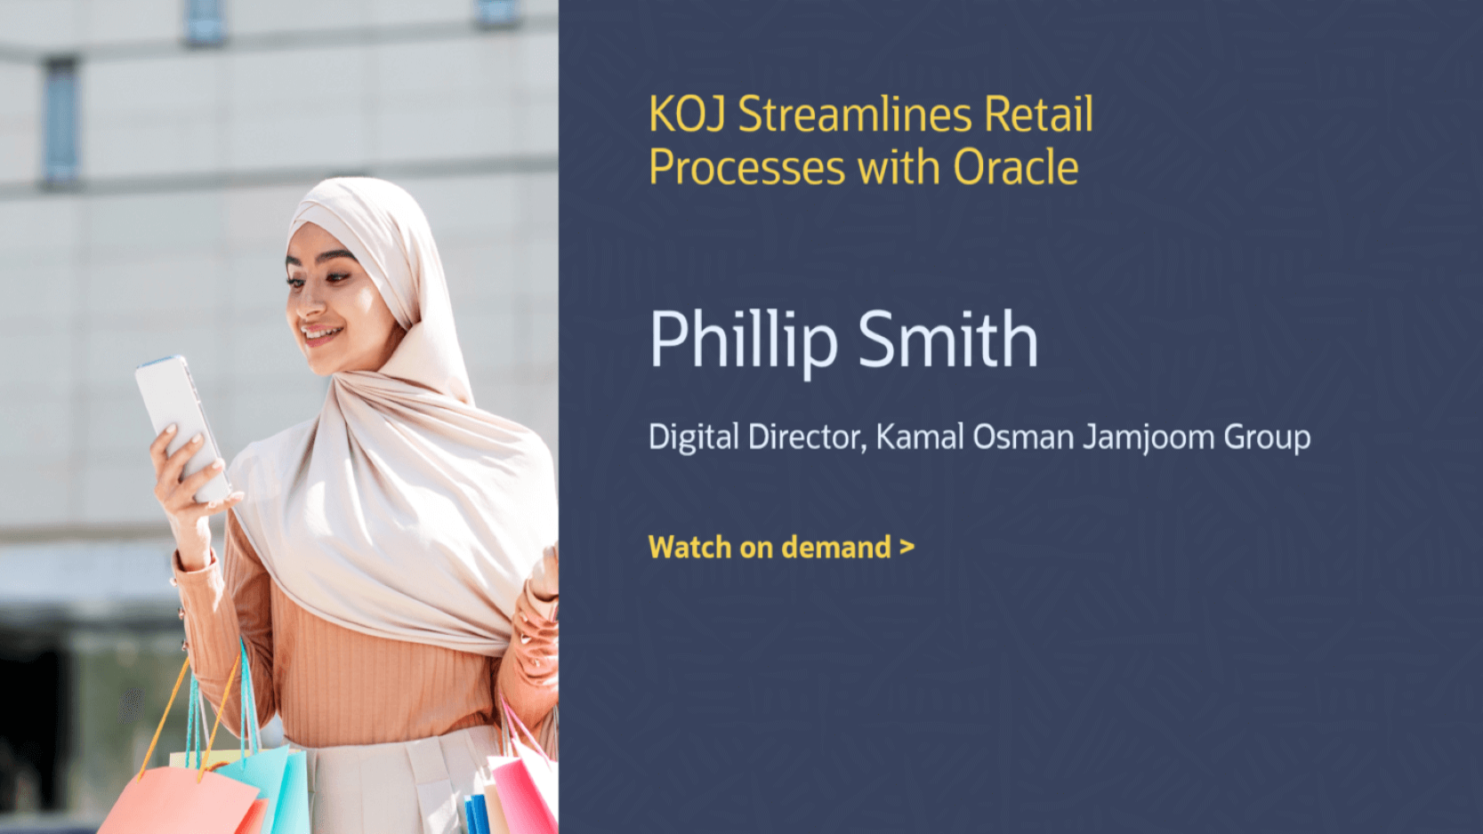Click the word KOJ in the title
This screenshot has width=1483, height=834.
pos(687,114)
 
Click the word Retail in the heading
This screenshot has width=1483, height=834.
pos(1038,114)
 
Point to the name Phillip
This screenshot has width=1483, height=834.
pos(744,341)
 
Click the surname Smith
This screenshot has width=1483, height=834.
pos(948,339)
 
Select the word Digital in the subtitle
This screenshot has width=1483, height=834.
pos(693,437)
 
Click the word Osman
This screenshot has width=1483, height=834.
pos(1023,437)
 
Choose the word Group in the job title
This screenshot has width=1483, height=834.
pos(1267,438)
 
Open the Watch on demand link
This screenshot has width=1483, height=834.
pos(781,548)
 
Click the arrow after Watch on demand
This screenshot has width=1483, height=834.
pos(907,548)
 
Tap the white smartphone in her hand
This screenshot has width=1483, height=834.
pos(182,427)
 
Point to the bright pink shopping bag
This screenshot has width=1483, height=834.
pos(523,794)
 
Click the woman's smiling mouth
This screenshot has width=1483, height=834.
pos(321,333)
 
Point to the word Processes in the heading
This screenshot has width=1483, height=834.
pos(746,168)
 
